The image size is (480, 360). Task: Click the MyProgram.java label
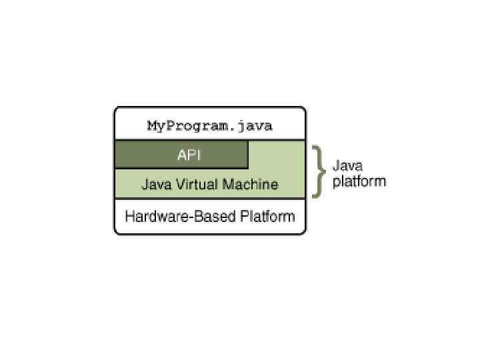coord(210,126)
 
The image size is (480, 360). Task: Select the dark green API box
coord(181,155)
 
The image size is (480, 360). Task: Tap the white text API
coord(189,155)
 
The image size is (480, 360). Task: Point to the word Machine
coord(250,184)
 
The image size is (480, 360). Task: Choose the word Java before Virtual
coord(154,184)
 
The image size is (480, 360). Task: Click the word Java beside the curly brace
coord(347,165)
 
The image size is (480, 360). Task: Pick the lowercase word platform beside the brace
coord(359,181)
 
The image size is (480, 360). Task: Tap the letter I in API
coord(198,155)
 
